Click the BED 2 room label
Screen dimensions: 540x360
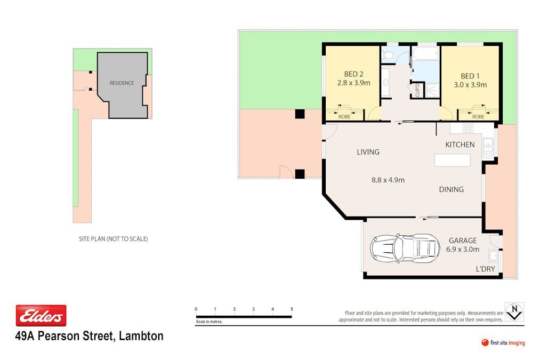[x=353, y=74]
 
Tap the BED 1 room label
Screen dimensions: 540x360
[x=470, y=76]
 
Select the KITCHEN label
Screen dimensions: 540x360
[x=460, y=145]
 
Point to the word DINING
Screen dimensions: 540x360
[x=451, y=189]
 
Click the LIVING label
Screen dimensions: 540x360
[x=368, y=152]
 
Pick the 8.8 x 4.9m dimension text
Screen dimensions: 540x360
[x=388, y=180]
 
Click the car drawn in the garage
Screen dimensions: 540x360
[x=405, y=249]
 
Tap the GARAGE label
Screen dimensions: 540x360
[x=463, y=241]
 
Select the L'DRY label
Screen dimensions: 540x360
[x=485, y=269]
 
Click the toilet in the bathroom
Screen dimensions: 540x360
[x=389, y=55]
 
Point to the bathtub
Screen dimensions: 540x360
[x=426, y=54]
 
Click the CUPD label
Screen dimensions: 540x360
[x=417, y=90]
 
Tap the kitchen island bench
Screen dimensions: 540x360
[x=452, y=160]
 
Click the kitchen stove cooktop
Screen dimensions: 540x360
[x=468, y=128]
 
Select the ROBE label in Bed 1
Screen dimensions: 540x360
[x=478, y=117]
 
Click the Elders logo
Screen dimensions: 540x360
[x=41, y=316]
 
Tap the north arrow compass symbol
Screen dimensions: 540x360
[x=514, y=312]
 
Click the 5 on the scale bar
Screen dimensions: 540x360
[x=292, y=309]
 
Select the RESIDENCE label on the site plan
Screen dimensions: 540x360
[x=122, y=83]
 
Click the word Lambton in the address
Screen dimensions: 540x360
[x=141, y=336]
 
